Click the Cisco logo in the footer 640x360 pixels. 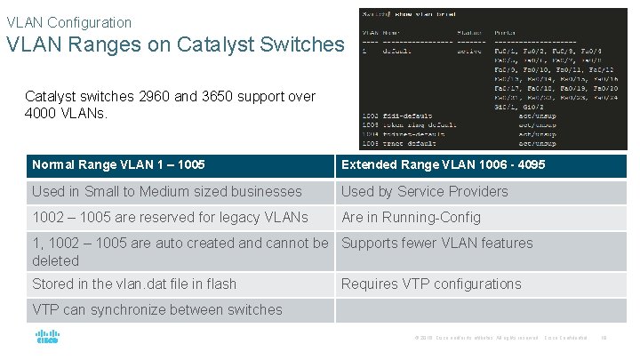tap(47, 339)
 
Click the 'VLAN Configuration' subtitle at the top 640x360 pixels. tap(69, 22)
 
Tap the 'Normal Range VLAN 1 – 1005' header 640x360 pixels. tap(119, 164)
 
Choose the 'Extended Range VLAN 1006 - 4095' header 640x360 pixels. tap(443, 164)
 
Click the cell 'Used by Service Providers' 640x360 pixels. tap(425, 191)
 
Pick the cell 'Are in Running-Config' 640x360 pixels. tap(411, 217)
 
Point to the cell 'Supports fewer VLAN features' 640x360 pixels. tap(437, 243)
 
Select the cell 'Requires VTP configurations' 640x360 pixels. tap(431, 284)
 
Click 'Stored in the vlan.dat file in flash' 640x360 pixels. tap(134, 284)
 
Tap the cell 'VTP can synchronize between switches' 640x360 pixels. tap(157, 309)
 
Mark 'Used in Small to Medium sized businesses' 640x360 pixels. tap(167, 191)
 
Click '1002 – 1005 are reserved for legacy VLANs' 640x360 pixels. tap(170, 217)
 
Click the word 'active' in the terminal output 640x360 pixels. tap(469, 51)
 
